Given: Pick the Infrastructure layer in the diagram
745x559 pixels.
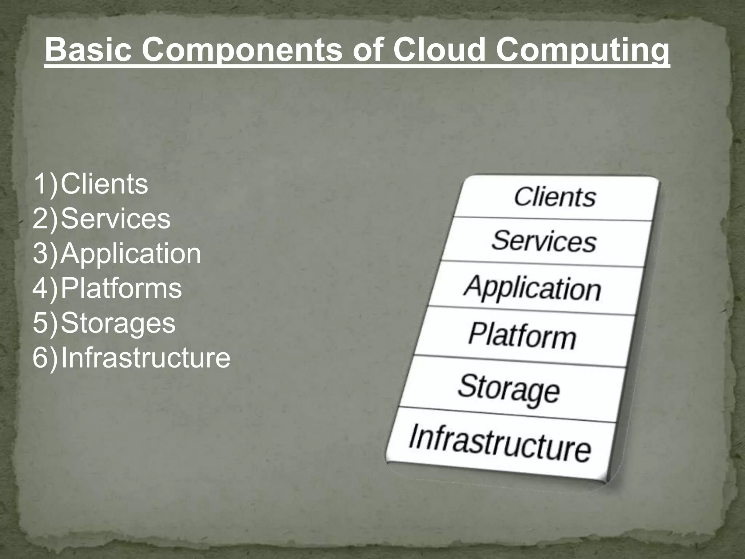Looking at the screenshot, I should click(x=500, y=443).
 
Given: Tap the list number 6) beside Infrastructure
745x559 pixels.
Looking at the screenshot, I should click(x=45, y=358).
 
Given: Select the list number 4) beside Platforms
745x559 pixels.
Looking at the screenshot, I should click(x=45, y=288).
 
